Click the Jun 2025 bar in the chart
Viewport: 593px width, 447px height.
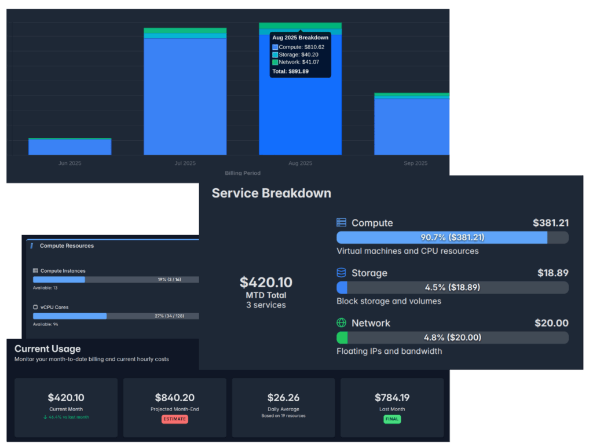click(x=69, y=146)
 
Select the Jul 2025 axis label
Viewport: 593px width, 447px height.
click(x=185, y=163)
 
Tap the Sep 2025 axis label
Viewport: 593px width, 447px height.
click(x=415, y=163)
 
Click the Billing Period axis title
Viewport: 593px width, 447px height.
click(x=242, y=173)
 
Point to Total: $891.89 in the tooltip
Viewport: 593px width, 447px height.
click(x=290, y=72)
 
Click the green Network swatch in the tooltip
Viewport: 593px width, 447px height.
click(x=275, y=63)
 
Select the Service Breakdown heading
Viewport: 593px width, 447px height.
click(x=271, y=193)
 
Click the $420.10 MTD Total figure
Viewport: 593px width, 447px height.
click(x=266, y=283)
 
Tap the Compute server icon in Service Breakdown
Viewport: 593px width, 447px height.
click(x=342, y=223)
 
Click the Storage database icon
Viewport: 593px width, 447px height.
click(x=342, y=273)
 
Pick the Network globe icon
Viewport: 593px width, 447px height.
click(x=342, y=323)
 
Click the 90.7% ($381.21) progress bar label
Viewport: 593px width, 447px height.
click(x=452, y=237)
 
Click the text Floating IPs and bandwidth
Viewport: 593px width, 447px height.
click(x=389, y=351)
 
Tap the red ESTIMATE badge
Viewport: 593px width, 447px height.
click(x=174, y=419)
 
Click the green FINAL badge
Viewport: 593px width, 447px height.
click(x=392, y=419)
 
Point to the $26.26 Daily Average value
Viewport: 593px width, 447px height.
click(x=283, y=398)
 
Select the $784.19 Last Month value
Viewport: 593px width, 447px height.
click(x=392, y=398)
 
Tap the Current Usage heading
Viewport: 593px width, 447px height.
click(x=47, y=349)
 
